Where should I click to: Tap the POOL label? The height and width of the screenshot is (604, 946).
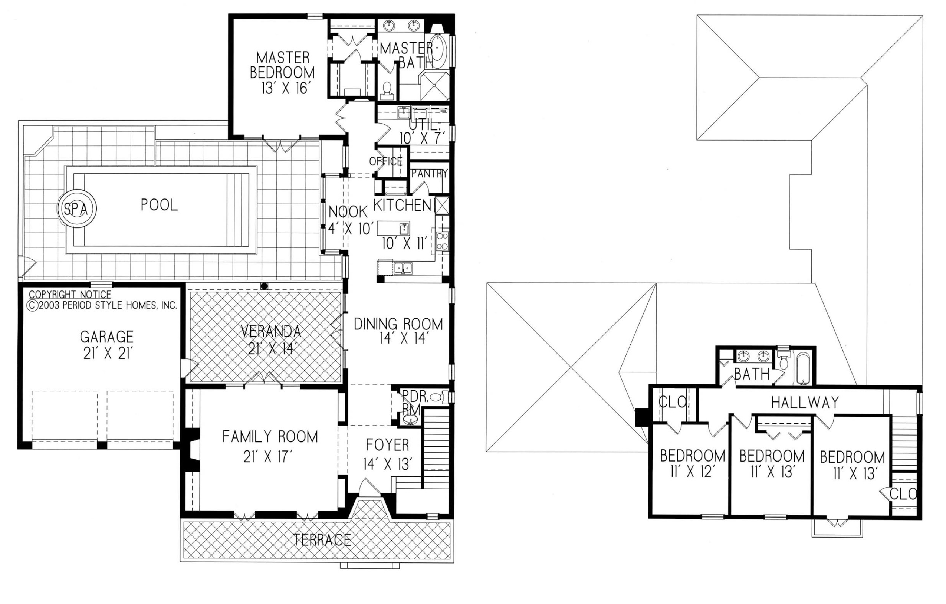click(x=160, y=205)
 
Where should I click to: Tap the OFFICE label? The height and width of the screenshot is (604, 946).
click(x=386, y=161)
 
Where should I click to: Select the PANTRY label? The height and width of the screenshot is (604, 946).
click(x=429, y=173)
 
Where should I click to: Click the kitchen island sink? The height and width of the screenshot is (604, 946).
click(x=404, y=228)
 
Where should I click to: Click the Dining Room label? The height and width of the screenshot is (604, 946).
click(x=398, y=324)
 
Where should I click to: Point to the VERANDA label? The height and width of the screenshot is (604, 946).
click(x=271, y=331)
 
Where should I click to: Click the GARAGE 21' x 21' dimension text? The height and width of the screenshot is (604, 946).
click(x=106, y=354)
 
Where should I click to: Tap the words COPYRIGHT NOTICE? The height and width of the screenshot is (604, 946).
click(x=70, y=294)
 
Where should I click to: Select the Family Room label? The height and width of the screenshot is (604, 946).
click(x=270, y=437)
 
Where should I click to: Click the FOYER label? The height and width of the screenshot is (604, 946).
click(x=387, y=445)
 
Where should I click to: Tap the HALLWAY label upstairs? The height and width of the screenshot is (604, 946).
click(x=805, y=402)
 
